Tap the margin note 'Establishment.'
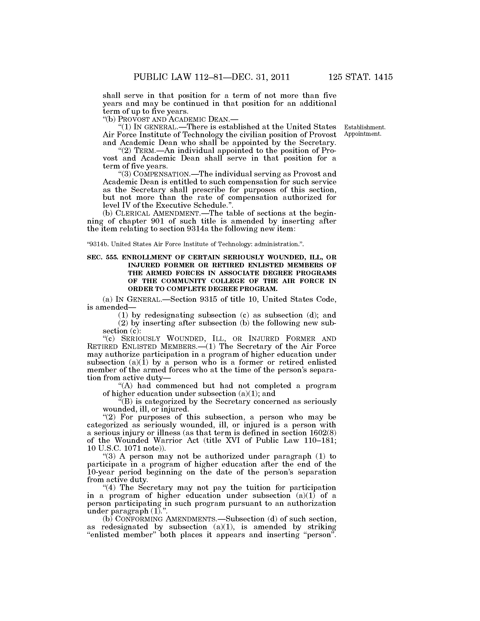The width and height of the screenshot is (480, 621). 365,127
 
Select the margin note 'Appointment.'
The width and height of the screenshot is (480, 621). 363,134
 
